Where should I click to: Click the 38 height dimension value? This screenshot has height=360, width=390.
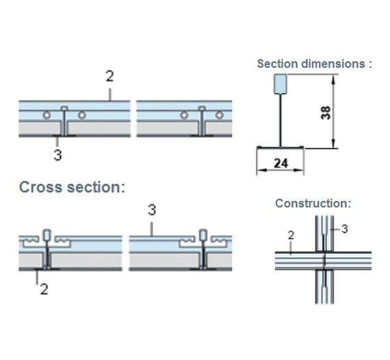coord(326,112)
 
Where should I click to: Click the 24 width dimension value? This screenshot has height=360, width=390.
coord(281,164)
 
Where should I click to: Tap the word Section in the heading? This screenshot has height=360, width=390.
coord(278,64)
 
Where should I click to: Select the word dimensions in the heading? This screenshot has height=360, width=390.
coord(333,64)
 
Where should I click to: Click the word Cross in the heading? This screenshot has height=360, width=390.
coord(41,187)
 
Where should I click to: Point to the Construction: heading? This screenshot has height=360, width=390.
coord(313,203)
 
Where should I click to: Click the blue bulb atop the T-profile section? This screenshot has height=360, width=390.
coord(281,84)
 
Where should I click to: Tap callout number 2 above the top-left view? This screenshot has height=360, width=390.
coord(109,76)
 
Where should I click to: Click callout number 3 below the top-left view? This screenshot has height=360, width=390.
coord(57,155)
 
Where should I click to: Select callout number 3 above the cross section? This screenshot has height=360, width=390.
coord(152,209)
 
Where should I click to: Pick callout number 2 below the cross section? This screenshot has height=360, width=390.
coord(44,290)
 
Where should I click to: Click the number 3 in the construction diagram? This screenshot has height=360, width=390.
coord(344,229)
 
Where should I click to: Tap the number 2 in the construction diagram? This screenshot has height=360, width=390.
coord(291,235)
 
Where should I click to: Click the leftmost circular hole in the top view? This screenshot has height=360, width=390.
coord(47,115)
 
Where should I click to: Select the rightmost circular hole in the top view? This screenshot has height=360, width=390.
coord(220,115)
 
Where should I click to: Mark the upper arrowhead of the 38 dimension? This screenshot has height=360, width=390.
coord(333,77)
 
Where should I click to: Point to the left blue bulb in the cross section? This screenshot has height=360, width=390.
coord(47,235)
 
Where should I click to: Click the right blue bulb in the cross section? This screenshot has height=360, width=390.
coord(203,235)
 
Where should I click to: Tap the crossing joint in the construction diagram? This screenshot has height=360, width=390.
coord(324,261)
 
